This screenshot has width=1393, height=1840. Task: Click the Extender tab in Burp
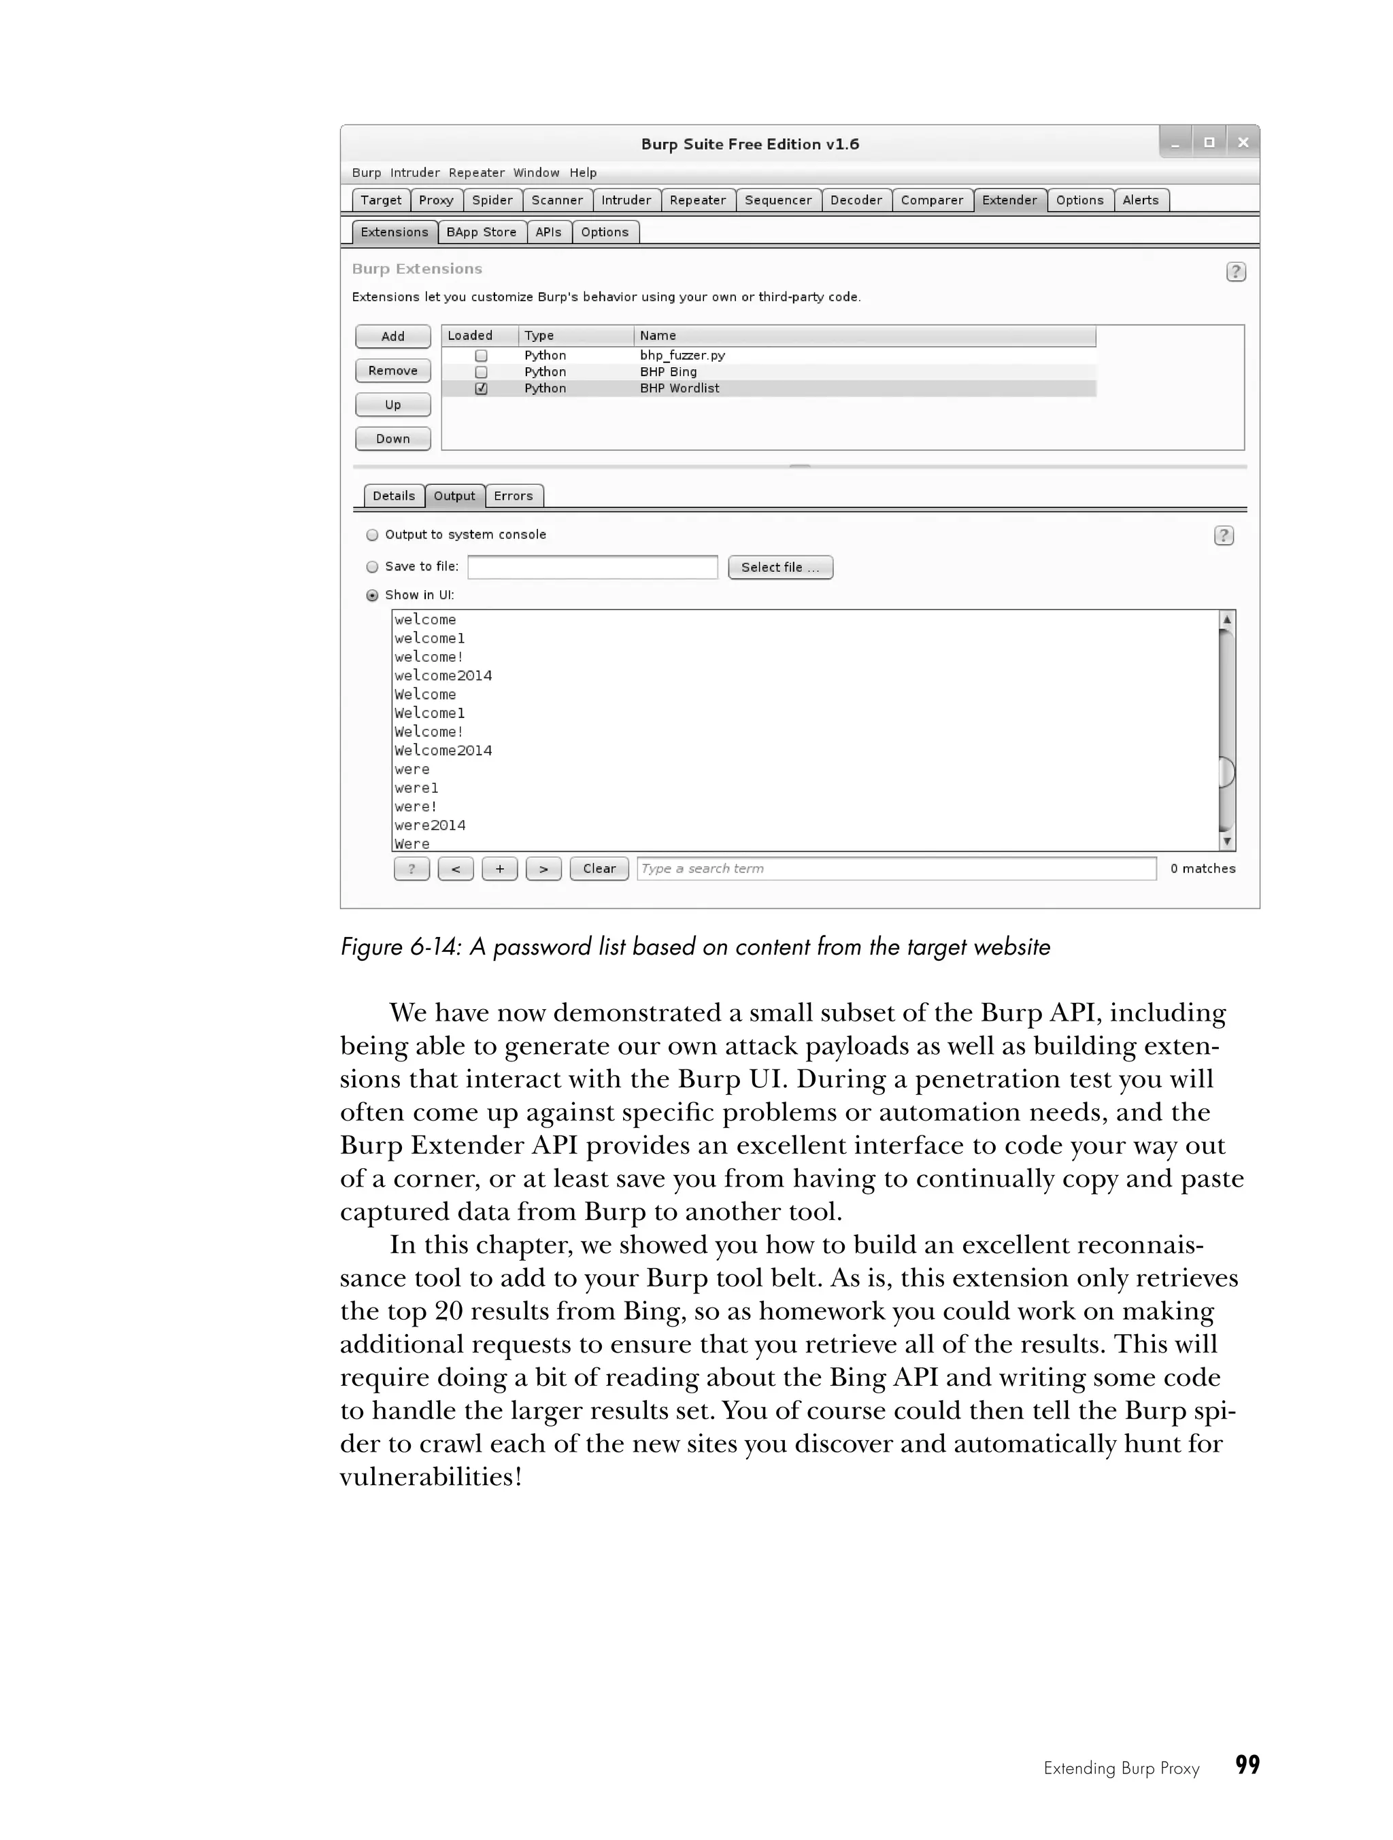(x=1009, y=201)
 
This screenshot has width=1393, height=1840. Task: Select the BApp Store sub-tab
(x=481, y=232)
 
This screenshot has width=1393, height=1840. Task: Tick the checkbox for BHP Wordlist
(x=481, y=388)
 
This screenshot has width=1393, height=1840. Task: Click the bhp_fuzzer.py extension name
(x=682, y=355)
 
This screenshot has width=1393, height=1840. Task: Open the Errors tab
(x=513, y=496)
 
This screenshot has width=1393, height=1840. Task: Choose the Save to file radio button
(x=373, y=567)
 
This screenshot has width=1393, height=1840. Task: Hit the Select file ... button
(x=779, y=567)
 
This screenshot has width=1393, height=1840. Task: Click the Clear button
(x=599, y=868)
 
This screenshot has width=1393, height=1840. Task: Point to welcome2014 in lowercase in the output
(x=443, y=675)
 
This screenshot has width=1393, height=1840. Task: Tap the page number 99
(x=1247, y=1765)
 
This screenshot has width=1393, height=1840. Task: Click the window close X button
(x=1243, y=143)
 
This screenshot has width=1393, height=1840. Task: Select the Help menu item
(x=582, y=173)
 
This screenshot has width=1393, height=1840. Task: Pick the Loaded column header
(x=470, y=335)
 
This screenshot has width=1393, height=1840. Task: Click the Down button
(x=392, y=439)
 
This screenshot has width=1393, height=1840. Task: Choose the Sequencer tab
(x=777, y=201)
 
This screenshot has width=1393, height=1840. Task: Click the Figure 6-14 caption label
(x=695, y=947)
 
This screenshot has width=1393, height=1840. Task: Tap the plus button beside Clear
(x=499, y=868)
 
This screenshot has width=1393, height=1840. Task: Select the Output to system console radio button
(x=373, y=535)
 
